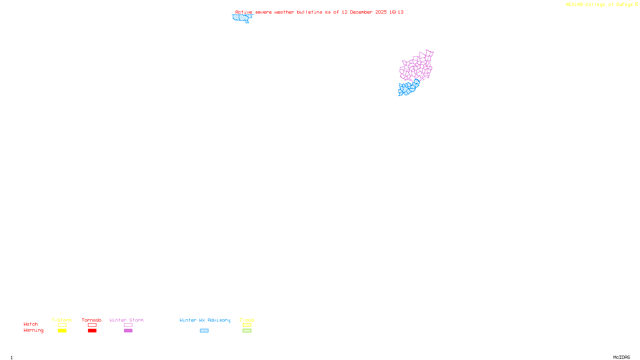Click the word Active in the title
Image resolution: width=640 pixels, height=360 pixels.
pyautogui.click(x=244, y=12)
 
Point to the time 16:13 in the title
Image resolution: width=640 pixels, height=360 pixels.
pyautogui.click(x=396, y=12)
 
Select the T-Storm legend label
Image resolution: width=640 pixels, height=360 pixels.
pyautogui.click(x=62, y=320)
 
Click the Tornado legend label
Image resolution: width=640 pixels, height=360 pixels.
pyautogui.click(x=92, y=320)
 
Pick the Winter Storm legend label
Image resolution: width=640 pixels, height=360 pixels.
pyautogui.click(x=126, y=320)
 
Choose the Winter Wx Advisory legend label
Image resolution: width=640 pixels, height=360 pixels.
pyautogui.click(x=205, y=320)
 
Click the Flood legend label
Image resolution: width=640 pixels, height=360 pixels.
pyautogui.click(x=247, y=320)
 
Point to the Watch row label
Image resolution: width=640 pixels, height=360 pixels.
pyautogui.click(x=31, y=324)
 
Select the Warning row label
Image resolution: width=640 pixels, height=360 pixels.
pyautogui.click(x=34, y=330)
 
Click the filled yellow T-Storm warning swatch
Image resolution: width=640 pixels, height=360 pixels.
pyautogui.click(x=62, y=331)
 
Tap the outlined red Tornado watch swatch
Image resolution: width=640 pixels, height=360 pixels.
pyautogui.click(x=92, y=325)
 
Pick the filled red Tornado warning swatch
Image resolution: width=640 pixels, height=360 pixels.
pyautogui.click(x=92, y=331)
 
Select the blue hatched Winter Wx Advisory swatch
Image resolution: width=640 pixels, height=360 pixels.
pyautogui.click(x=204, y=331)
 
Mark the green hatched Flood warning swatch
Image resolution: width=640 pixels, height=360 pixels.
pyautogui.click(x=247, y=331)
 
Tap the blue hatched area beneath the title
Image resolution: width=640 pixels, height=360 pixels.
pyautogui.click(x=242, y=18)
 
